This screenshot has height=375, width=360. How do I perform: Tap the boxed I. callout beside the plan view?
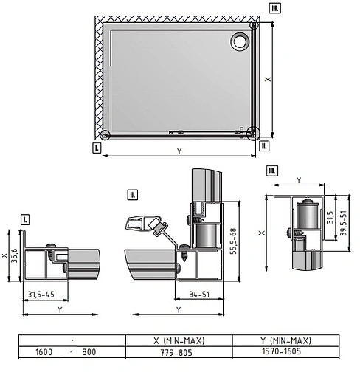97,148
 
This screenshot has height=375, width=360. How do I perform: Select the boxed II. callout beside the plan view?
264,146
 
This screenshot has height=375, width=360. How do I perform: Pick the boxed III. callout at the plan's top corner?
275,8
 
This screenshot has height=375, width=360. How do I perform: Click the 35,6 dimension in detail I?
14,255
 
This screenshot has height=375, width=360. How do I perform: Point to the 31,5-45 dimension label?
41,295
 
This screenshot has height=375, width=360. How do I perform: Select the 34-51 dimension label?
199,295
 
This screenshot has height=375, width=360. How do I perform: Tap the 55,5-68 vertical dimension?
233,241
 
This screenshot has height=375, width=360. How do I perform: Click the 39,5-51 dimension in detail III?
343,223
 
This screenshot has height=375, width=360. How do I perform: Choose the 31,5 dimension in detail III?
330,217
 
